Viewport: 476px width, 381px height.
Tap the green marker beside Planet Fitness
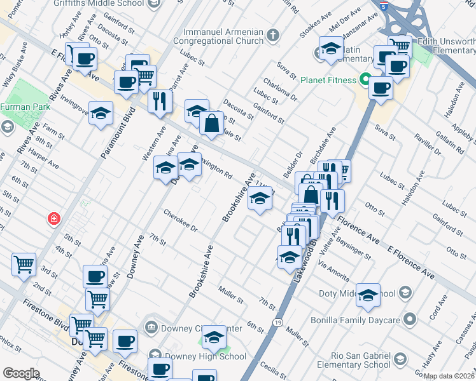pyautogui.click(x=365, y=80)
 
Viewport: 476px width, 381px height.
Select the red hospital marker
pyautogui.click(x=55, y=219)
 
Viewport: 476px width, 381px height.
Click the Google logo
pyautogui.click(x=21, y=373)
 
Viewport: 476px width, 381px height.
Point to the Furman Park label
pyautogui.click(x=25, y=107)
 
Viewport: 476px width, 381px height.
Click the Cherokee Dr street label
pyautogui.click(x=181, y=221)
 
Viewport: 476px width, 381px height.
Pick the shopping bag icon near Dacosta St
pyautogui.click(x=211, y=123)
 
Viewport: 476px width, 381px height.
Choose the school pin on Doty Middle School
pyautogui.click(x=368, y=294)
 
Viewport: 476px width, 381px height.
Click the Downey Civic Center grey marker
pyautogui.click(x=151, y=328)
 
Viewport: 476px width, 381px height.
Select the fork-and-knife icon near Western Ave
pyautogui.click(x=158, y=100)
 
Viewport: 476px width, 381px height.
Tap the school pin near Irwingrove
pyautogui.click(x=101, y=114)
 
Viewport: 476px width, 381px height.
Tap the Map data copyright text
pyautogui.click(x=449, y=376)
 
